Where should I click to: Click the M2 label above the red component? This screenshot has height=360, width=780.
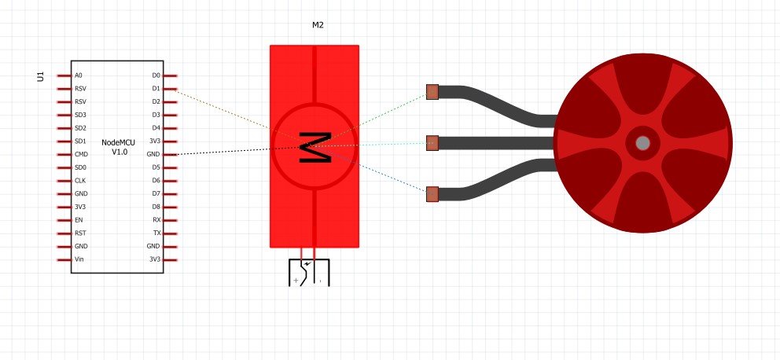click(318, 25)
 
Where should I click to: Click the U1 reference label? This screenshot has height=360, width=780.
click(41, 76)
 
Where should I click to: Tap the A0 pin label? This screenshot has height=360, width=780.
click(79, 75)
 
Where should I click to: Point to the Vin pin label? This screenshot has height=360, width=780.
click(79, 259)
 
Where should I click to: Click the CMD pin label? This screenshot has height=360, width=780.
click(81, 154)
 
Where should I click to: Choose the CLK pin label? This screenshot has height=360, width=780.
click(80, 181)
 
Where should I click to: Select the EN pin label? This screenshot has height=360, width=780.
click(79, 220)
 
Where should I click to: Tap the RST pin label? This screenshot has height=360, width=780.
click(80, 233)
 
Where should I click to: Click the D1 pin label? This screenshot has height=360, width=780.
click(156, 89)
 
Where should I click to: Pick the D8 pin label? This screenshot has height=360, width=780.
click(156, 207)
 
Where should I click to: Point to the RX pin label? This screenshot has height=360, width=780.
click(156, 220)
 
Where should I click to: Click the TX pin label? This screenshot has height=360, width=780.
click(156, 233)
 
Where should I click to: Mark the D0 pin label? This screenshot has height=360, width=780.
click(156, 75)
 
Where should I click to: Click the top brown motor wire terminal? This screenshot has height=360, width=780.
click(432, 92)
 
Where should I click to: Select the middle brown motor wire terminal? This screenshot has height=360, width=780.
click(432, 143)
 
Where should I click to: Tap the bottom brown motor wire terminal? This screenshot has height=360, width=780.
click(432, 194)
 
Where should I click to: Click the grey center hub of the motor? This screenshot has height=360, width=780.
click(642, 143)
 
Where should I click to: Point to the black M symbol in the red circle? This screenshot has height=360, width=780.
click(315, 147)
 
